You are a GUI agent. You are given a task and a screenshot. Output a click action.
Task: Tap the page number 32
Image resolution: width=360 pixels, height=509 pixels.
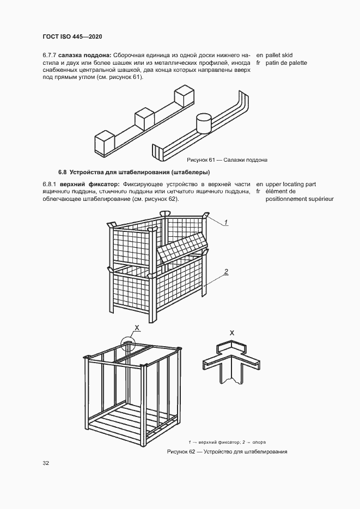46,463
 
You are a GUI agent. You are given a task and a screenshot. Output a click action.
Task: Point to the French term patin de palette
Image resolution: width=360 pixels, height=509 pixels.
286,63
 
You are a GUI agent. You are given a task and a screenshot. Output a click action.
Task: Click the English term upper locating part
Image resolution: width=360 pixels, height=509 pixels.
291,184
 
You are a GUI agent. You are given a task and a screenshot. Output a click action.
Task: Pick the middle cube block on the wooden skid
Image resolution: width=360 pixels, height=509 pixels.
144,119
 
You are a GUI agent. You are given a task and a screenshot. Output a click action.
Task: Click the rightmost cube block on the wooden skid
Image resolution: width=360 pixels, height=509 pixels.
184,97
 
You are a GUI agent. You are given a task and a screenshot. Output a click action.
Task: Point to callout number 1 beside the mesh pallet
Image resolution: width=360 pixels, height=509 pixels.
226,222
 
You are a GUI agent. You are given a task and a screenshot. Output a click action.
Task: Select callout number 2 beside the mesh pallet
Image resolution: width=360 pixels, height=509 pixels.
226,271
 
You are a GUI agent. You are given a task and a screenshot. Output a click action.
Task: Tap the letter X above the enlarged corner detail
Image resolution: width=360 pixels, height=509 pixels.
232,332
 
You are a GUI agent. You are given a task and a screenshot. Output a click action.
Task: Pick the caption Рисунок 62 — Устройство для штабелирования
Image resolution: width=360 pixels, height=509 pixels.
227,452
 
